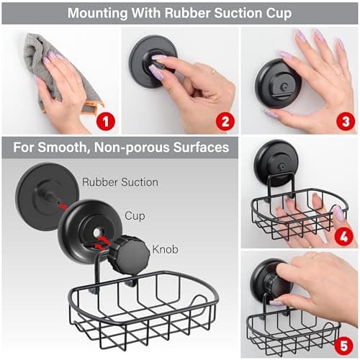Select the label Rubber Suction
tap(120, 182)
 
